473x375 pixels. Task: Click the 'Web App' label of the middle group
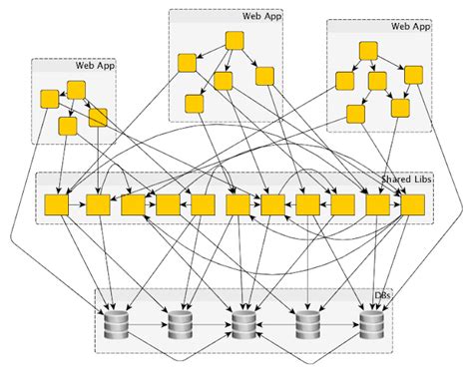pos(260,17)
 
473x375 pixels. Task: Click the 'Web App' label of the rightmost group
pos(410,26)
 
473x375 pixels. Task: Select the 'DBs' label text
pos(380,297)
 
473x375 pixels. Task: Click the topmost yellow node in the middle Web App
pos(236,41)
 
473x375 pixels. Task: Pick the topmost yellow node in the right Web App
pos(368,49)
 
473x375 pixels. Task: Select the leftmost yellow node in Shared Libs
pos(57,204)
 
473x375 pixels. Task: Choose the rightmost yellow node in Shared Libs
pos(413,204)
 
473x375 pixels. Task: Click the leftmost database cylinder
pos(116,324)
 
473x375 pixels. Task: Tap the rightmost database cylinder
pos(372,324)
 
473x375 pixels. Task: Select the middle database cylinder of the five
pos(243,324)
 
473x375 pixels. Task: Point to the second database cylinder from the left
pos(180,324)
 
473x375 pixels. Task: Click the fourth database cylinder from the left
pos(307,324)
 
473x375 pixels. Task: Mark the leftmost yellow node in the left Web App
pos(49,99)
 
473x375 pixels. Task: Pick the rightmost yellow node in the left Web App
pos(98,118)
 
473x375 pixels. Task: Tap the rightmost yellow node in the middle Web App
pos(264,76)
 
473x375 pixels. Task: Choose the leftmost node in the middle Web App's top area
pos(187,63)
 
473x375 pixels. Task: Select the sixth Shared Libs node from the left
pos(236,204)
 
